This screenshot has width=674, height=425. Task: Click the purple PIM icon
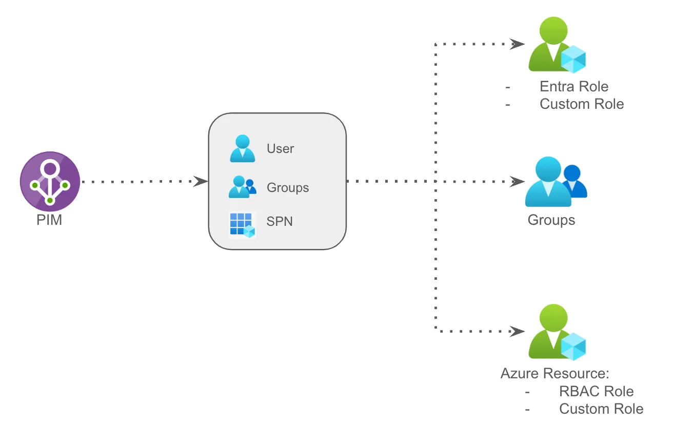point(50,181)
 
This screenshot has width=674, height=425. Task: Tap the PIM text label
point(50,221)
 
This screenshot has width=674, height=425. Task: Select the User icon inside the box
point(242,149)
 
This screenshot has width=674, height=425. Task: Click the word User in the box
point(280,149)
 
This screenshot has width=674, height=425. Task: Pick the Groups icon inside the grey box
point(242,187)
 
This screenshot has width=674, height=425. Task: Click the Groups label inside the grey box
point(288,188)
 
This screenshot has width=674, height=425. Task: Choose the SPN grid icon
point(242,225)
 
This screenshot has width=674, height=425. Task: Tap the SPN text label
point(280,222)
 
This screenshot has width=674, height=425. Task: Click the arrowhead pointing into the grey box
point(201,181)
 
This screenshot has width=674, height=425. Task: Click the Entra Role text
point(574,86)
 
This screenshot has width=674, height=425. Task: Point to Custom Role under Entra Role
point(582,104)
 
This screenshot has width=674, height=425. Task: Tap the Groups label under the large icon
point(551,221)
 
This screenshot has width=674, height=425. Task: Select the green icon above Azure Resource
point(556,332)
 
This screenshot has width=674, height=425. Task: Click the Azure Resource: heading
point(554,373)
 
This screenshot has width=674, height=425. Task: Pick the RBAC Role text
point(596,391)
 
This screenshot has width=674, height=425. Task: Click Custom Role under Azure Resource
point(601,409)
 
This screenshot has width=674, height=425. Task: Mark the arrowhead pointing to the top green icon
point(517,44)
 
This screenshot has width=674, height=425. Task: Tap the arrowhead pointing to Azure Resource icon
point(517,332)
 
